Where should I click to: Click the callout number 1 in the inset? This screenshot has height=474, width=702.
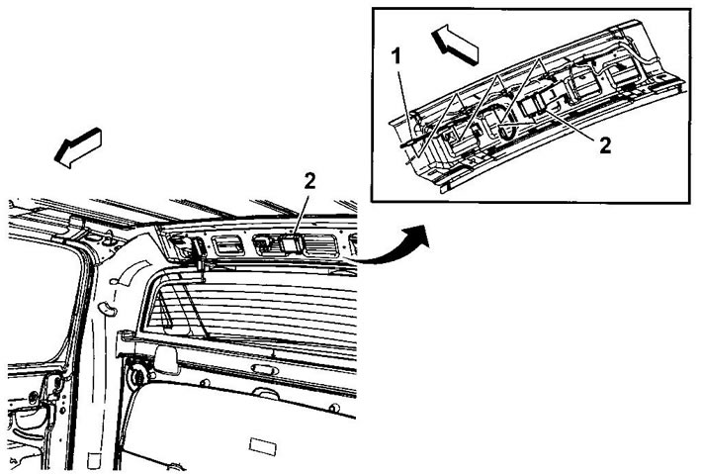click(x=395, y=56)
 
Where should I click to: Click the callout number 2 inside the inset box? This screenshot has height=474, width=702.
click(x=605, y=145)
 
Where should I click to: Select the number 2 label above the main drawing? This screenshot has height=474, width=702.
click(x=309, y=180)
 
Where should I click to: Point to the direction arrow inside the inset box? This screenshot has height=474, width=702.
click(x=455, y=44)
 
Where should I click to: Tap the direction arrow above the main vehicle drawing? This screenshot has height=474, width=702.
click(x=78, y=147)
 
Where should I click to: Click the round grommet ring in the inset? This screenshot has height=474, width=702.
click(x=507, y=132)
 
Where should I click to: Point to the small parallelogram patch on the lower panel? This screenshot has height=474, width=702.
click(x=263, y=446)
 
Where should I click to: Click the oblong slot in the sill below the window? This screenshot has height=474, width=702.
click(x=265, y=369)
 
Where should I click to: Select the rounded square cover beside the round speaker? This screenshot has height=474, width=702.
click(x=166, y=359)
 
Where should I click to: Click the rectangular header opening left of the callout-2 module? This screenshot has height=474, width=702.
click(x=228, y=245)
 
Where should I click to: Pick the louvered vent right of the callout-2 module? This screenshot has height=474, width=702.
click(x=320, y=245)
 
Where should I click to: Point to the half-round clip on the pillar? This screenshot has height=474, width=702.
click(x=107, y=308)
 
